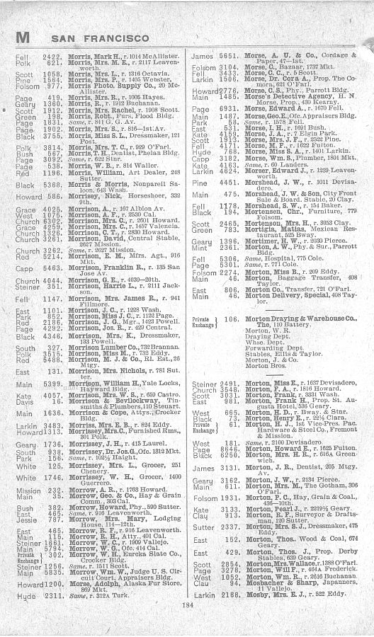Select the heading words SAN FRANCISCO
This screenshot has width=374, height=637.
[x=89, y=35]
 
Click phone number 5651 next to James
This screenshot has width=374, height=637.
[x=225, y=54]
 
